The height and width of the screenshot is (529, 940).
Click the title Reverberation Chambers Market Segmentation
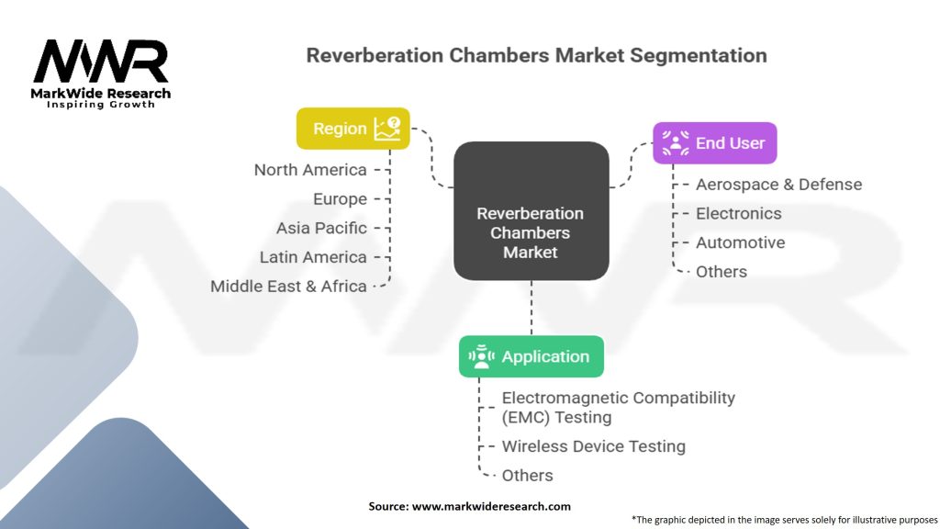tap(536, 55)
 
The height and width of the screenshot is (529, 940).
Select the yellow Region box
tap(352, 129)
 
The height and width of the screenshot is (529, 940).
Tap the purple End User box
tap(714, 143)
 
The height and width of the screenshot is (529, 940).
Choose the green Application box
tap(531, 356)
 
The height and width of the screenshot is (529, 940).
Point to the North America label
tap(310, 170)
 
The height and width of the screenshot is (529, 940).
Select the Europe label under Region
tap(340, 199)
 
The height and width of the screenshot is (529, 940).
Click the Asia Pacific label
tap(321, 228)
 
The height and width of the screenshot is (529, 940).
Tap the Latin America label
tap(313, 257)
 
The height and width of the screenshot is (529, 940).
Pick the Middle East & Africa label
tap(288, 286)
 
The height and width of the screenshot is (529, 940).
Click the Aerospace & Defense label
tap(778, 185)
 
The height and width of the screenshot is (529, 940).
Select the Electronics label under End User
tap(738, 214)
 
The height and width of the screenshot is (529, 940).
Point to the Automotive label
tap(740, 243)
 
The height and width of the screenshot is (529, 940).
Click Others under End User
tap(721, 272)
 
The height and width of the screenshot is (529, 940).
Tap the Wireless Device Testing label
tap(593, 446)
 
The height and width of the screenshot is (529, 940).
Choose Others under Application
tap(527, 476)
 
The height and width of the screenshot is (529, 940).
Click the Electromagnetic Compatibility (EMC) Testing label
tap(618, 408)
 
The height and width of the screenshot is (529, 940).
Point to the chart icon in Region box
tap(386, 129)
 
